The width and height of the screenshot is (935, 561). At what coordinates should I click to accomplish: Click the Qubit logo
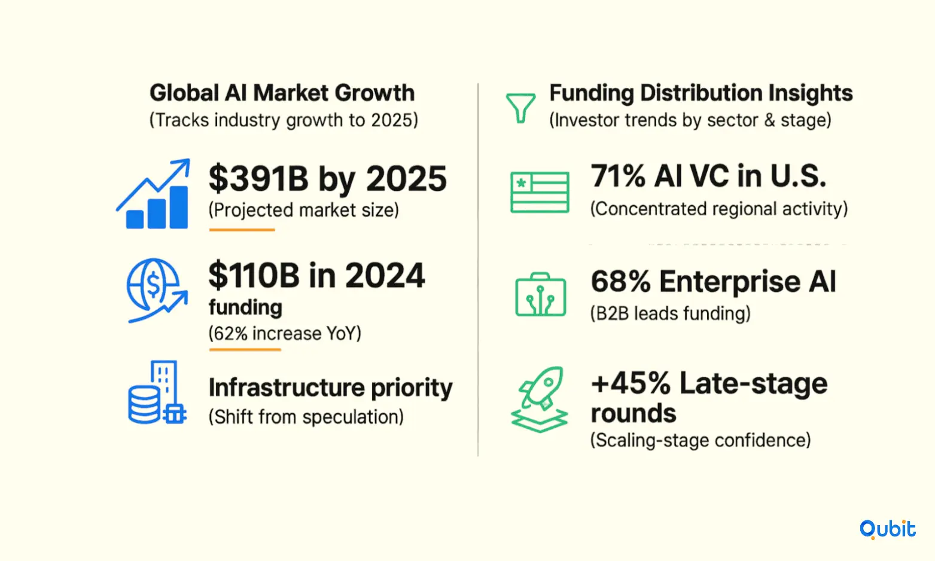click(x=887, y=529)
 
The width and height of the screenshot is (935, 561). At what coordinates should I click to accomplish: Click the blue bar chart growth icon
click(x=153, y=194)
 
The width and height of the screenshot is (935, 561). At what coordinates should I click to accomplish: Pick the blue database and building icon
click(x=157, y=392)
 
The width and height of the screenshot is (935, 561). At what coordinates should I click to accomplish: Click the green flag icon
click(x=540, y=192)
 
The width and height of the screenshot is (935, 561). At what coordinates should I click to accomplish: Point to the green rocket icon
click(x=540, y=400)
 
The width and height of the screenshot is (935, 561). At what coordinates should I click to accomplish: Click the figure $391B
click(x=258, y=179)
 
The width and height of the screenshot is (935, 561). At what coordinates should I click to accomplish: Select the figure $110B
click(x=254, y=276)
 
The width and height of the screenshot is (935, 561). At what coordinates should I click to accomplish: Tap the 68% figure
click(x=621, y=281)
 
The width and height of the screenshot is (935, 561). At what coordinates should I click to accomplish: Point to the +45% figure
click(x=631, y=383)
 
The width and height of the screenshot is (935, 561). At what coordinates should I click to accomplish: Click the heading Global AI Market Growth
click(x=282, y=93)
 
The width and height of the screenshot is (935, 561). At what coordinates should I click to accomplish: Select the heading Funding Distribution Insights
click(x=701, y=93)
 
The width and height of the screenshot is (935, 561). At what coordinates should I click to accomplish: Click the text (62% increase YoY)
click(x=285, y=334)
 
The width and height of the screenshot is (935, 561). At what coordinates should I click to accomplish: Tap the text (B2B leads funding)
click(x=671, y=313)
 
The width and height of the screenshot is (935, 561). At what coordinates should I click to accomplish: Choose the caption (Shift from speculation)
click(x=306, y=417)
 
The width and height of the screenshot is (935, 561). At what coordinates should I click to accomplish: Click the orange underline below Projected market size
click(x=242, y=230)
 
